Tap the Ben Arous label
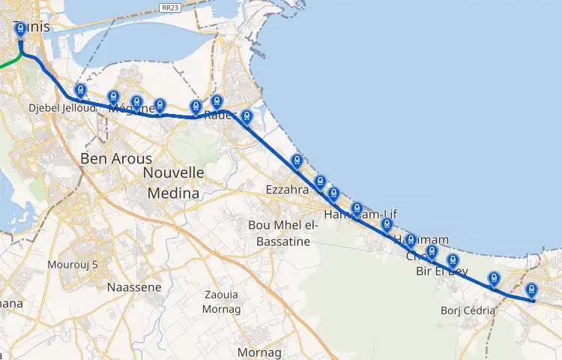pyautogui.click(x=116, y=159)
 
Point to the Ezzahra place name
pyautogui.click(x=288, y=190)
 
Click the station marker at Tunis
pyautogui.click(x=20, y=29)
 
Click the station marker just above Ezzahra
pyautogui.click(x=297, y=160)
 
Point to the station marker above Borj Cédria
pyautogui.click(x=494, y=279)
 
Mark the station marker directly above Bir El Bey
pyautogui.click(x=453, y=261)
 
